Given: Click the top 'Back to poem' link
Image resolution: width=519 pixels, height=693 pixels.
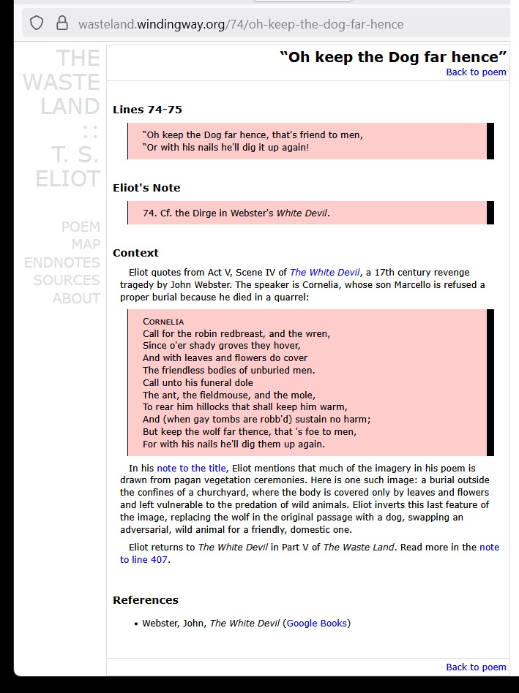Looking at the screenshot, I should [476, 72].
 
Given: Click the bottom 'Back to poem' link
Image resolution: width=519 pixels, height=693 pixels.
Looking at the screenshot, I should [476, 667].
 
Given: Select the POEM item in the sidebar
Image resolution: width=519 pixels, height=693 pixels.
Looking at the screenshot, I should [81, 227].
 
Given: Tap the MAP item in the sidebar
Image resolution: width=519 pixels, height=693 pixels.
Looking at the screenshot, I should [86, 244].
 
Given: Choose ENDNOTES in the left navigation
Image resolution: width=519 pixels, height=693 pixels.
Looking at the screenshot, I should [62, 262].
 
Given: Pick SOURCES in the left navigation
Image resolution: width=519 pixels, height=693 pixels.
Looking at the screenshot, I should [67, 280].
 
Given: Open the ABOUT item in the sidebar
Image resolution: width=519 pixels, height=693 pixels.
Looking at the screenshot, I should [76, 298].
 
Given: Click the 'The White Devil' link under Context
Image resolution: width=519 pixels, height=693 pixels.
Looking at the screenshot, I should [324, 273].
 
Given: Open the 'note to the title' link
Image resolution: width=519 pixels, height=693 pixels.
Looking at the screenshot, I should [191, 468].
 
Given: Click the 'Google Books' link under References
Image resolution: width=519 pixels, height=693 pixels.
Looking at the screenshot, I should [317, 624].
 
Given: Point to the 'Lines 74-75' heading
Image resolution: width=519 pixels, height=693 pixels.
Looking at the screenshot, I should [147, 110].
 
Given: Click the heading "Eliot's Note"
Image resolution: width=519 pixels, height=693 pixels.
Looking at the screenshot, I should [146, 188].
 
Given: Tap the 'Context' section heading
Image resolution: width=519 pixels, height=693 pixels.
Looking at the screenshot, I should [135, 253].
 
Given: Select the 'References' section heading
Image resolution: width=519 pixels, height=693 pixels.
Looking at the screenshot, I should [146, 600].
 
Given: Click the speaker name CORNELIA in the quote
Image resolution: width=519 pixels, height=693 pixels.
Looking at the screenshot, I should [163, 322].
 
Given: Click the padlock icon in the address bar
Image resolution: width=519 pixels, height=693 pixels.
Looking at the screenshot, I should [61, 23].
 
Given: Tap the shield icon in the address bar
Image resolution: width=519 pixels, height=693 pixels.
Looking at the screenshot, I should [37, 23].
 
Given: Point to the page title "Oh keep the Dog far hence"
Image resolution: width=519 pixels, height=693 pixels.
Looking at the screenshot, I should [393, 57].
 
